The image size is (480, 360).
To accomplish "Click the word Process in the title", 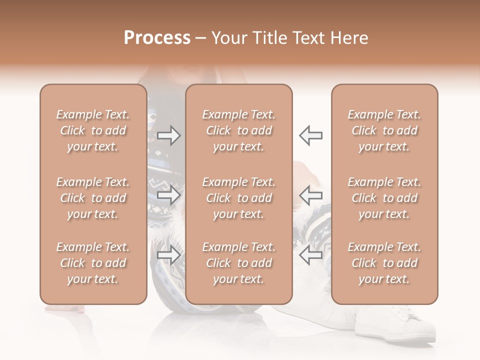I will [157, 38].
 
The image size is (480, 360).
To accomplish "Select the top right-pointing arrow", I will [168, 135].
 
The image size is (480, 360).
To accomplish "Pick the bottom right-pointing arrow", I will [168, 255].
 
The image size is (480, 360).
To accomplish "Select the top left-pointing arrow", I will [310, 135].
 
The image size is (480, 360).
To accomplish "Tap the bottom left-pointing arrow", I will [310, 255].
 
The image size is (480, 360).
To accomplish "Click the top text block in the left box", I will [93, 130].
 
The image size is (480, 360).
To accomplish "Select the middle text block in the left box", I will [93, 198].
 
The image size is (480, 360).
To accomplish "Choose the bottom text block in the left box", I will [93, 263].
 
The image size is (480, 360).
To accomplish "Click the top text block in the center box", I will [238, 130].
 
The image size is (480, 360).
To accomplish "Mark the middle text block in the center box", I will [238, 198].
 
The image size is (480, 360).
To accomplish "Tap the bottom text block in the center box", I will [238, 263].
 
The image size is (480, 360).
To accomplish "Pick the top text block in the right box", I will [384, 130].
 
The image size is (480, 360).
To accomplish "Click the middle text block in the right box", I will [384, 198].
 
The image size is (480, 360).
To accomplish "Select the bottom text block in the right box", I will [384, 263].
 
